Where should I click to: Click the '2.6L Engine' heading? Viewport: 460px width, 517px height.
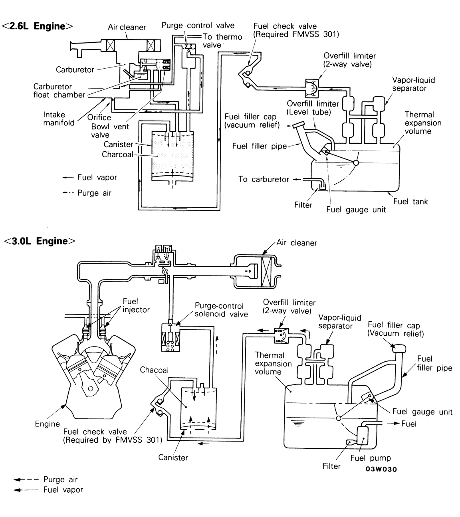tap(38, 26)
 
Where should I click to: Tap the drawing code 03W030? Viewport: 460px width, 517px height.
tap(381, 469)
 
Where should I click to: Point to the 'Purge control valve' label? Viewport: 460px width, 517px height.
tap(198, 26)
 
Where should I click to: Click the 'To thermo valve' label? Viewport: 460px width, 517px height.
tap(222, 41)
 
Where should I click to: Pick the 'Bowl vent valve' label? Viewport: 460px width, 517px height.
tap(110, 131)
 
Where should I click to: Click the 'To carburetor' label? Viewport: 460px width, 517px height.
tap(264, 179)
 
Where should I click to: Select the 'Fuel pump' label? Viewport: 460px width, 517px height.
tap(370, 458)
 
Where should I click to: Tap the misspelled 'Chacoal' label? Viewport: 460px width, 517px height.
tap(154, 370)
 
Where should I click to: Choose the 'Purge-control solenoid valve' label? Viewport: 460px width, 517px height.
tap(221, 310)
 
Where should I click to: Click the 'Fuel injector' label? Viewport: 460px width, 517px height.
tap(136, 305)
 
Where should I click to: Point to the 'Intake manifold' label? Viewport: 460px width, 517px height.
tap(59, 119)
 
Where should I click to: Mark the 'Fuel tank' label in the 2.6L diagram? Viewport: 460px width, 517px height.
tap(410, 201)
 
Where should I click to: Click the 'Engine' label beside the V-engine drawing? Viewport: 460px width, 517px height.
tap(47, 424)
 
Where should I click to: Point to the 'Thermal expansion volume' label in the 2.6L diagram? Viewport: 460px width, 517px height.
tap(423, 123)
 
